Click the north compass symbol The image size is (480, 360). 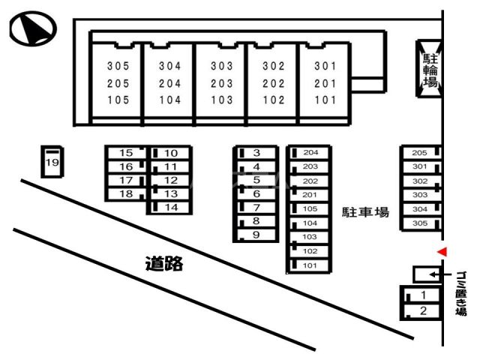[x=33, y=28]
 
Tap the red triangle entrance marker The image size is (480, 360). [x=442, y=252]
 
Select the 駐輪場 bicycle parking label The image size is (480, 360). [x=430, y=70]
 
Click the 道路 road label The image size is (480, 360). [x=164, y=263]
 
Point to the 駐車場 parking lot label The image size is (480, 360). [x=365, y=212]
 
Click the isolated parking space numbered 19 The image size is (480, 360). [x=52, y=162]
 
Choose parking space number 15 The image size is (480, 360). [x=127, y=153]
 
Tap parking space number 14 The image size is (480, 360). [x=170, y=207]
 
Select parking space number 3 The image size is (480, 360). [x=256, y=153]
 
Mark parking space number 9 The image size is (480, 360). [x=256, y=235]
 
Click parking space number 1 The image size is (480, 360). [x=421, y=295]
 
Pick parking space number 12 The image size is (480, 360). [x=170, y=180]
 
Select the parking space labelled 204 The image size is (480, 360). [x=309, y=152]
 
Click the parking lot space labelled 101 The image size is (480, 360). [x=309, y=265]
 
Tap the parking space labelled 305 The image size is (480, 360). [x=421, y=223]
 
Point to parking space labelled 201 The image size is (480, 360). [x=309, y=195]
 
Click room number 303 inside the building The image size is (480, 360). [x=222, y=66]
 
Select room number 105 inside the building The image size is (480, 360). [x=118, y=100]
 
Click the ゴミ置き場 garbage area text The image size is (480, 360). [x=460, y=293]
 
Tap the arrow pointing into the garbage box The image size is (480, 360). [x=440, y=274]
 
